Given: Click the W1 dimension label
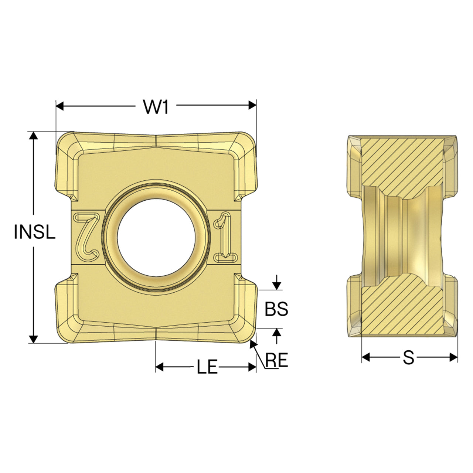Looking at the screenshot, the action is (156, 107).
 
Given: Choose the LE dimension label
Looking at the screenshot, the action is (207, 368).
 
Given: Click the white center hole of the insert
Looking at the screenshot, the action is (156, 238).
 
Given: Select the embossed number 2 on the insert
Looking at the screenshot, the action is (87, 237).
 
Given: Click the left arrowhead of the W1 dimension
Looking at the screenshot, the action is (60, 106).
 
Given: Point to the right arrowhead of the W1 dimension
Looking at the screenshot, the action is (253, 105).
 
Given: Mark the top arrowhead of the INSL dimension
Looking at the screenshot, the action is (33, 136).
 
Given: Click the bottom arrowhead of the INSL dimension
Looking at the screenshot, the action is (33, 339).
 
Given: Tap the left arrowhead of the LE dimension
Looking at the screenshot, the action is (160, 367).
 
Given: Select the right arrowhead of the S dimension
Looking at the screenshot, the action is (454, 357).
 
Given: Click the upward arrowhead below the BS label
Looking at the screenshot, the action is (277, 332).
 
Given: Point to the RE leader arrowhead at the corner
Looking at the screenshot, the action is (252, 344).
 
